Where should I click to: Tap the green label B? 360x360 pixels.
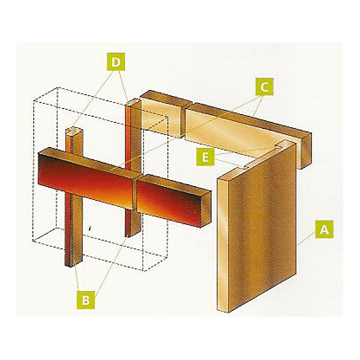pyautogui.click(x=86, y=300)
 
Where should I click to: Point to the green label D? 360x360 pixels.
pyautogui.click(x=116, y=61)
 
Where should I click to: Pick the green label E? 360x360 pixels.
pyautogui.click(x=205, y=157)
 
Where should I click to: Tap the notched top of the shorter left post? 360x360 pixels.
pyautogui.click(x=71, y=131)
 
